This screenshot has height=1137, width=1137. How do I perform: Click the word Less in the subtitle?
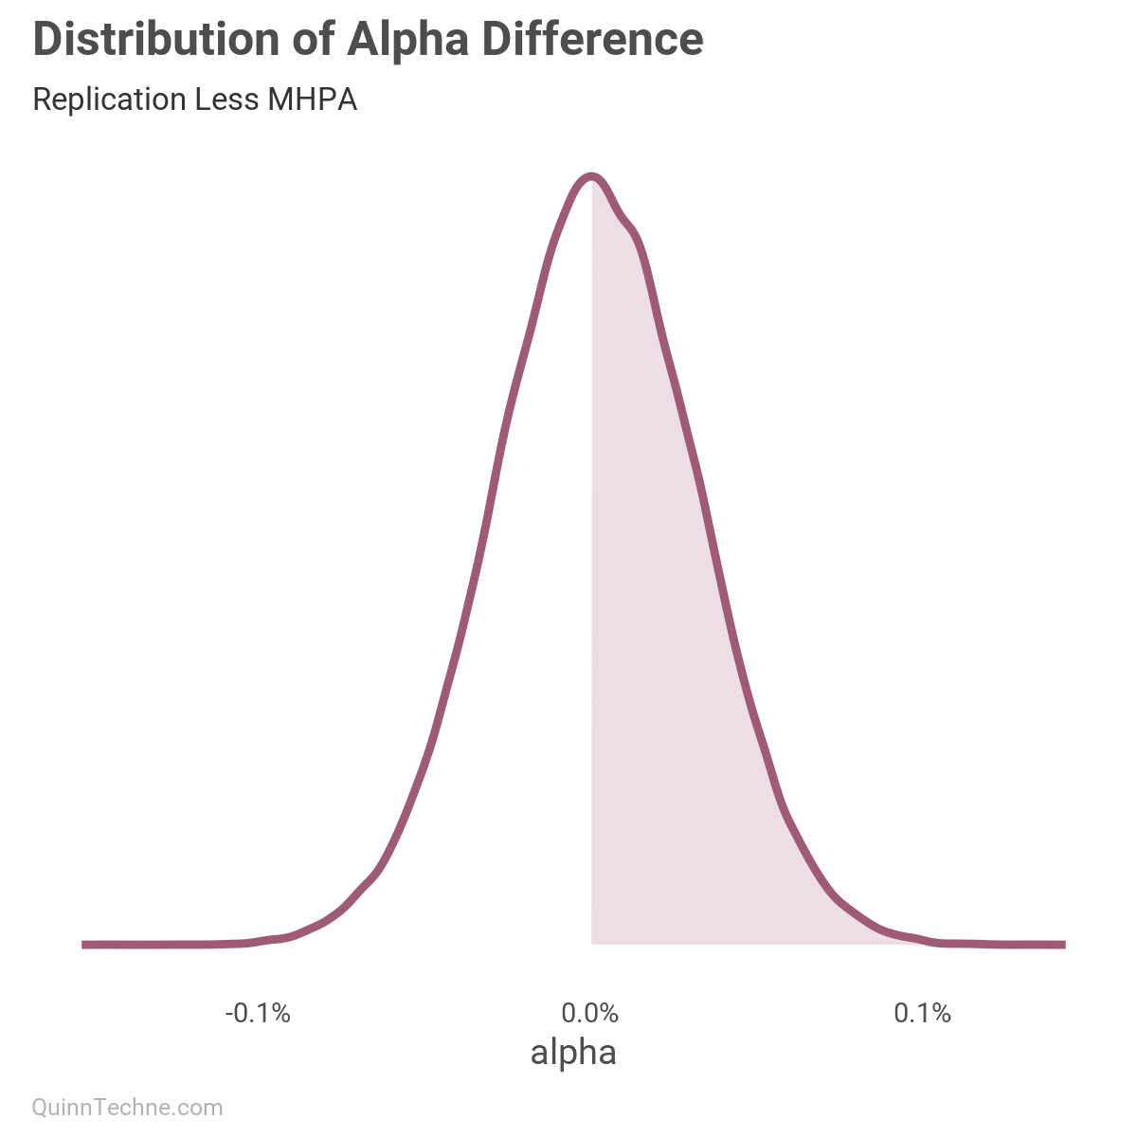pyautogui.click(x=226, y=99)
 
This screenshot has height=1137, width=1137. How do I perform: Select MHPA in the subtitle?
pyautogui.click(x=313, y=99)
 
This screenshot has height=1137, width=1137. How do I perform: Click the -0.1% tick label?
pyautogui.click(x=258, y=1014)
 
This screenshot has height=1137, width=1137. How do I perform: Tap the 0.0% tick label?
pyautogui.click(x=589, y=1014)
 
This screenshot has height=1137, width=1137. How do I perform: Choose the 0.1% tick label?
pyautogui.click(x=922, y=1014)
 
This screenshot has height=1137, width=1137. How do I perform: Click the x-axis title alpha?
pyautogui.click(x=573, y=1052)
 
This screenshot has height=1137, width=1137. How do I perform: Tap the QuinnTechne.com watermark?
pyautogui.click(x=128, y=1107)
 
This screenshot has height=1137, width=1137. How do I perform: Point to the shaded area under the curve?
pyautogui.click(x=663, y=663)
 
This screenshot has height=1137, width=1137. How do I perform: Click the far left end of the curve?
pyautogui.click(x=85, y=945)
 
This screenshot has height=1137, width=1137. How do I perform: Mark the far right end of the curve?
pyautogui.click(x=1062, y=945)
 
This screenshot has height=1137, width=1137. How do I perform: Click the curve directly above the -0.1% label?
pyautogui.click(x=258, y=941)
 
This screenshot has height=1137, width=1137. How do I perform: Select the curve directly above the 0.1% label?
pyautogui.click(x=922, y=939)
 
